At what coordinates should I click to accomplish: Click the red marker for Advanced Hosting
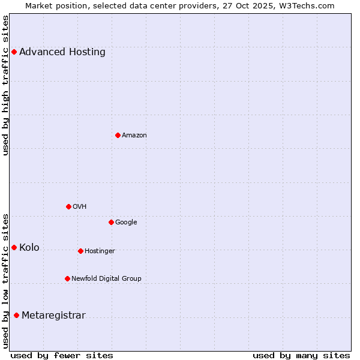(14, 52)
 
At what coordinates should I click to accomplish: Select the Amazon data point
(118, 135)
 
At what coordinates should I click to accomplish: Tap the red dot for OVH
(68, 206)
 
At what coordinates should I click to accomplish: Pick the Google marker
(111, 222)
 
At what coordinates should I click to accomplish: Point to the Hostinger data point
(80, 251)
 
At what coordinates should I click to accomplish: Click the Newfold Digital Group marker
(67, 278)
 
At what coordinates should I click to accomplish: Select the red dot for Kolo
(14, 247)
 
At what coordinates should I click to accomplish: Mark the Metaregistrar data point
(16, 316)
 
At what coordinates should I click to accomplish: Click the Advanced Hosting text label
(62, 52)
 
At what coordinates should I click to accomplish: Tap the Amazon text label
(134, 135)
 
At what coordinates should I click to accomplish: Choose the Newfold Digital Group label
(106, 278)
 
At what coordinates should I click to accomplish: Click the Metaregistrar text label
(53, 316)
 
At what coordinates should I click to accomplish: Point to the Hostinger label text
(100, 251)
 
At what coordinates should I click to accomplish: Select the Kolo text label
(29, 247)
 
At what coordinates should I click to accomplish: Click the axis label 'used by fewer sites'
(62, 355)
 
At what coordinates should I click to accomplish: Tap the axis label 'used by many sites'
(301, 355)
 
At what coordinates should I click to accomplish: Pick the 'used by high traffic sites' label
(5, 85)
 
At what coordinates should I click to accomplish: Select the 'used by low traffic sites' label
(5, 281)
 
